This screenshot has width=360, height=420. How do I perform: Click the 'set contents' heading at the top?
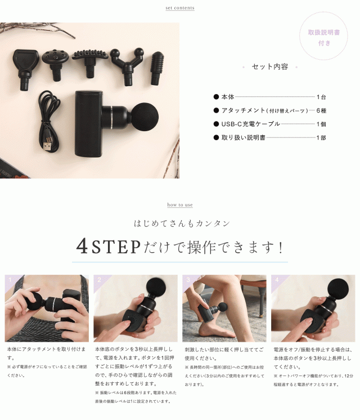coord(180,8)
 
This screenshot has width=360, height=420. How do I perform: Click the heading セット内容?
coord(270,66)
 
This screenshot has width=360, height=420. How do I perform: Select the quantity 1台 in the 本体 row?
coord(321,97)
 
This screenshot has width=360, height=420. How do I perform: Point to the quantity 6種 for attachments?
coord(321,110)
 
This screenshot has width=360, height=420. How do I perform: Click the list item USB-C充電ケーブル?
coord(250,124)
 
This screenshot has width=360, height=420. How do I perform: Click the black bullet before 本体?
coord(216,97)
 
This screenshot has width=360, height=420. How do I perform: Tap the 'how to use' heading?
coord(180,205)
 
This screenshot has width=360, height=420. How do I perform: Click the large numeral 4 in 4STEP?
coord(82,247)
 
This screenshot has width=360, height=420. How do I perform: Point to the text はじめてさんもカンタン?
coord(182,224)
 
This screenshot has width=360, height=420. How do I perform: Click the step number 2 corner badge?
coord(99,280)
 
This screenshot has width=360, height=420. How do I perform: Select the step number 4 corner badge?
coord(276,280)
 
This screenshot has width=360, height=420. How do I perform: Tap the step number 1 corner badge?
coord(10,280)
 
